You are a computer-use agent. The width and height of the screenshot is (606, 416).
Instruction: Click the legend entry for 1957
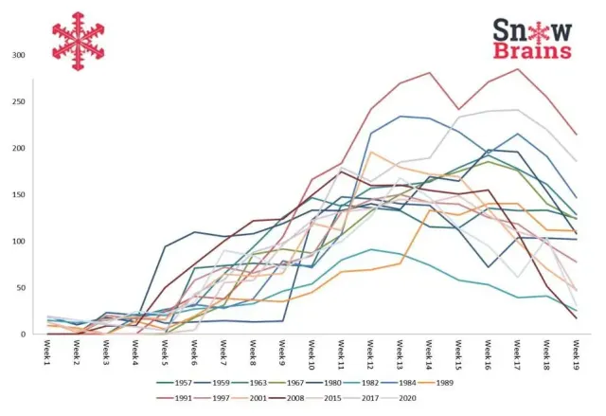174,383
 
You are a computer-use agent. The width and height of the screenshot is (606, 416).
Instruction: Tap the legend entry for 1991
174,398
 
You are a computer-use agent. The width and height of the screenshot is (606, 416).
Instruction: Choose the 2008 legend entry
286,398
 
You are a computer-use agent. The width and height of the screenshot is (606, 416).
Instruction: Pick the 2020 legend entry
399,398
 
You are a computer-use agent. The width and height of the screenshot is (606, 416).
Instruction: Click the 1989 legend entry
436,383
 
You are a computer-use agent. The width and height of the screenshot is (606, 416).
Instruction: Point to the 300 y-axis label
19,55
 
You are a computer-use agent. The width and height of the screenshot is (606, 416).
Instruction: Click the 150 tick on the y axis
19,195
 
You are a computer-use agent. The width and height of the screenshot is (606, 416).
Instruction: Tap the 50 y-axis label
20,288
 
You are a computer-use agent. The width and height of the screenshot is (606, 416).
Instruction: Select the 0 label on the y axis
23,335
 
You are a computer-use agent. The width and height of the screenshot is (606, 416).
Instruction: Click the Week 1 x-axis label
47,353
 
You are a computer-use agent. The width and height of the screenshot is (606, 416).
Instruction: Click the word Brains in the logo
532,50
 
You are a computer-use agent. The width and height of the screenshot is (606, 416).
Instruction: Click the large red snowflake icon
79,41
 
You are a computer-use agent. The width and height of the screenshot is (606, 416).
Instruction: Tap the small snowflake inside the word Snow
538,31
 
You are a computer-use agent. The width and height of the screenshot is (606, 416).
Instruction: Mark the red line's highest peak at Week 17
517,69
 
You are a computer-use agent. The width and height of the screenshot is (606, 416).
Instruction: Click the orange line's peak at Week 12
371,152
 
